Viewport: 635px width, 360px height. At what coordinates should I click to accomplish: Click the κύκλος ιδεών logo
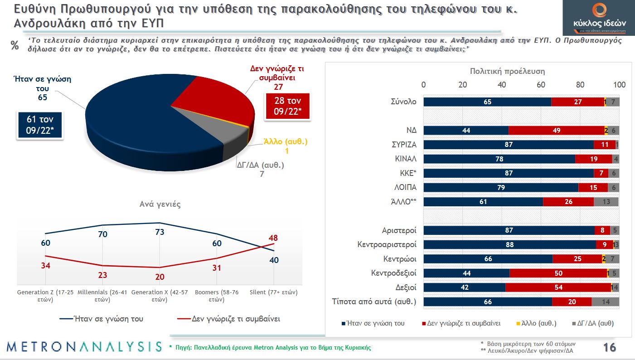tap(599, 18)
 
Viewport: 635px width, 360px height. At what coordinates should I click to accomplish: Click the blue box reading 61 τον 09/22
tap(39, 125)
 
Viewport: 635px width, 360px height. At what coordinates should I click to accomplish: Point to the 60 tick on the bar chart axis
tap(541, 85)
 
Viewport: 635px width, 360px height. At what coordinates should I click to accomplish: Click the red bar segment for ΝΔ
tap(556, 130)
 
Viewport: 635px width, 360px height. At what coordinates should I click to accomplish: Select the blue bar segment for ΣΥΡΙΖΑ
tap(509, 145)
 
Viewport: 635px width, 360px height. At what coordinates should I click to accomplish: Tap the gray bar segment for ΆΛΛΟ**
tap(606, 202)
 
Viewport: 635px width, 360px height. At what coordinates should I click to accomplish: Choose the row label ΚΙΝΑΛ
tap(406, 159)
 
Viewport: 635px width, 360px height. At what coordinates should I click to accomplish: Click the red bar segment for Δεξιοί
tap(558, 287)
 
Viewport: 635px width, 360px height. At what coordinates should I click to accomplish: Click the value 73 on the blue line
tap(159, 232)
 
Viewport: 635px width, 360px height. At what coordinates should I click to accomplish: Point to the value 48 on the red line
tap(273, 238)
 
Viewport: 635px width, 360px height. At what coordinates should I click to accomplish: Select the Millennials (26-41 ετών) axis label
tap(103, 296)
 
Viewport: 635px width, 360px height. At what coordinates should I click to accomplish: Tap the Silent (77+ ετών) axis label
tap(273, 292)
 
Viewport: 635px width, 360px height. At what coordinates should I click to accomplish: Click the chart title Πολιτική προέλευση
tap(507, 71)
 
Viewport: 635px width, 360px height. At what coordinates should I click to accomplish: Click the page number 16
tap(609, 347)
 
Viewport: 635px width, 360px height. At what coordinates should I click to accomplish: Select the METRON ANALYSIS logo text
tap(84, 347)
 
